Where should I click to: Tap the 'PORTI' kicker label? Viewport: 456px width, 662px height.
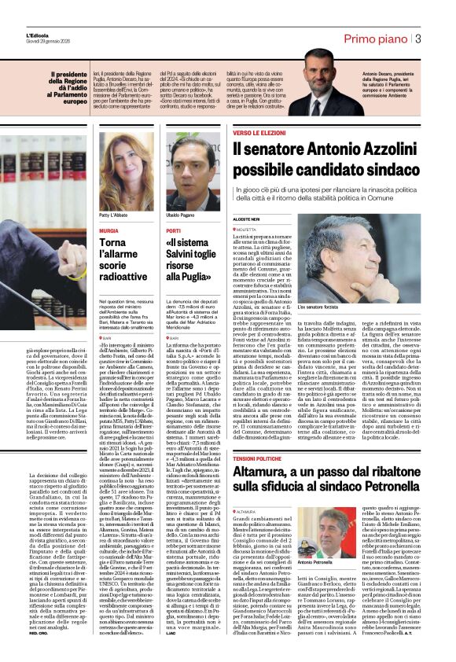174,230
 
